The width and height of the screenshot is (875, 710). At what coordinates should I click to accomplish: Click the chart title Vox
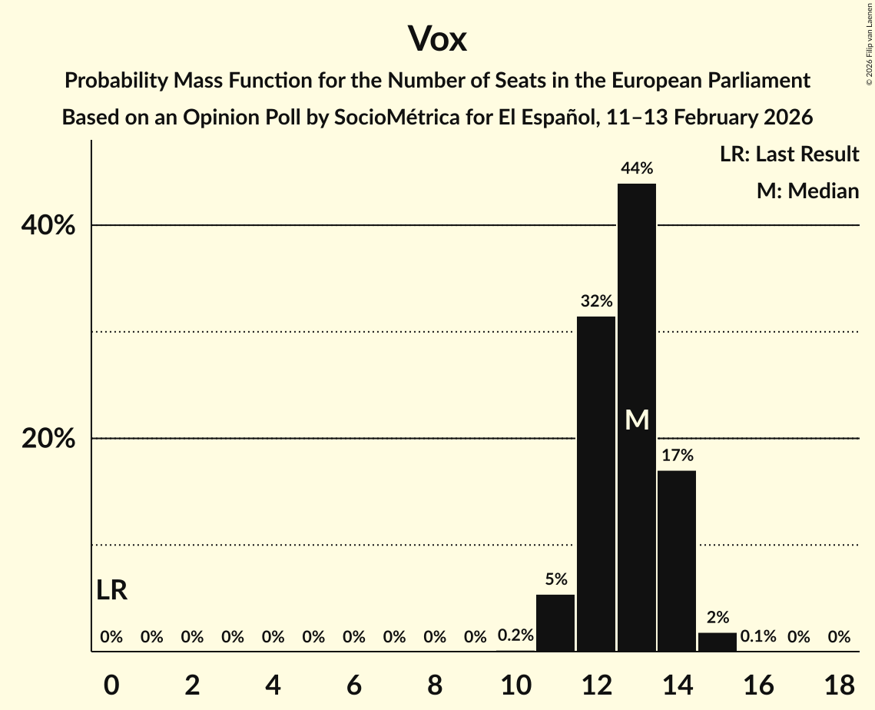[437, 38]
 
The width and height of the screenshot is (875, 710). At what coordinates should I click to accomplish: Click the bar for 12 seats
[596, 484]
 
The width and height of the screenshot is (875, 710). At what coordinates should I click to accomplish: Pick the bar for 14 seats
[677, 561]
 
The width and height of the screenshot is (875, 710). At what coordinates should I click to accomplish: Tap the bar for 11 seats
[555, 623]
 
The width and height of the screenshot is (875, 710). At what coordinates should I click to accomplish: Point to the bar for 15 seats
[718, 642]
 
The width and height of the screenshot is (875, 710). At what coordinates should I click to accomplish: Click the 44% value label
[637, 168]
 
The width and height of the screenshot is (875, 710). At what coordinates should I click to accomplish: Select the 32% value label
[596, 300]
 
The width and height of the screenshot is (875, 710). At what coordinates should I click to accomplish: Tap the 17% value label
[677, 455]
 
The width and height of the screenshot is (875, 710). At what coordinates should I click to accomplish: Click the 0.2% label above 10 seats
[515, 636]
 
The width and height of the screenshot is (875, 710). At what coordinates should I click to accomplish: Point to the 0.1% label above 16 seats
[758, 636]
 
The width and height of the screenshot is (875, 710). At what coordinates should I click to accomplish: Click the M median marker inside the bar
[637, 420]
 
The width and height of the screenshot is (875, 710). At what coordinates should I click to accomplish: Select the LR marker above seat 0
[112, 590]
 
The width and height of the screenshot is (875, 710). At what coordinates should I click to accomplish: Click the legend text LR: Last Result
[789, 154]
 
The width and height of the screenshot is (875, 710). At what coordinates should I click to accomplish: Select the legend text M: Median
[807, 191]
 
